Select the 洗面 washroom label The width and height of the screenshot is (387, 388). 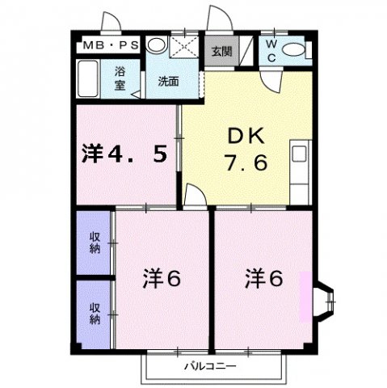[168, 81]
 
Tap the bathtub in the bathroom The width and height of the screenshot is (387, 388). [90, 81]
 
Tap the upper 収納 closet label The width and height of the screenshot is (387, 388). [95, 242]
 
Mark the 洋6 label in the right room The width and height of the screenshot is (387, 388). [264, 279]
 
